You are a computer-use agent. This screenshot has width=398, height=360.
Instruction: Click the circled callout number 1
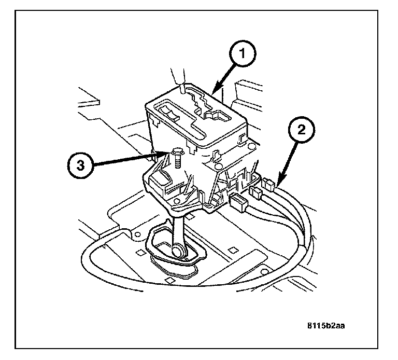coord(243,53)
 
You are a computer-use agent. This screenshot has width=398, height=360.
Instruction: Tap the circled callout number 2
coord(301,130)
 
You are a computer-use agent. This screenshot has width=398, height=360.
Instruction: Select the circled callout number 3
coord(80,166)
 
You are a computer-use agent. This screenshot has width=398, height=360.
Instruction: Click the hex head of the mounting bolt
coord(176,152)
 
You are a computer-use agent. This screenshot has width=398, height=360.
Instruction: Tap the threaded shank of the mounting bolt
coord(177,161)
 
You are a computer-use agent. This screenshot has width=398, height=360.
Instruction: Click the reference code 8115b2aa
coord(326,326)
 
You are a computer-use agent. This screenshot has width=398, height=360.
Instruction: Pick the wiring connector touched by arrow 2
coord(269,184)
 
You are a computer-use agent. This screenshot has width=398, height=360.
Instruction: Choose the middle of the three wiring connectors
coord(255,192)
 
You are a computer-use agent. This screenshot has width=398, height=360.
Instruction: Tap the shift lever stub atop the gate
coord(182,89)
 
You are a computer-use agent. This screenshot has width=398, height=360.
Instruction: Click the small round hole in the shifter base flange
coord(177,201)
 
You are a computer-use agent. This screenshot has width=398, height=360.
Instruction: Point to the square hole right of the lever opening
coord(233,250)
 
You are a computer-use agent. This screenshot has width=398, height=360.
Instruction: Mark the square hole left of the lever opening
coord(140,253)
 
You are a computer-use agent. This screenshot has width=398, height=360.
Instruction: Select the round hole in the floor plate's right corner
coord(264,272)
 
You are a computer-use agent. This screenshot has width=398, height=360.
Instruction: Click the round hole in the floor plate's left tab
coord(137,234)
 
